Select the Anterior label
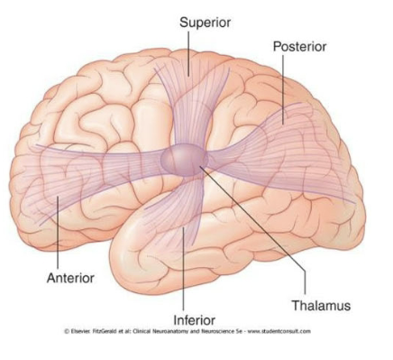pyautogui.click(x=70, y=277)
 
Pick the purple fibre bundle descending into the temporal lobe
pyautogui.click(x=185, y=212)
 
